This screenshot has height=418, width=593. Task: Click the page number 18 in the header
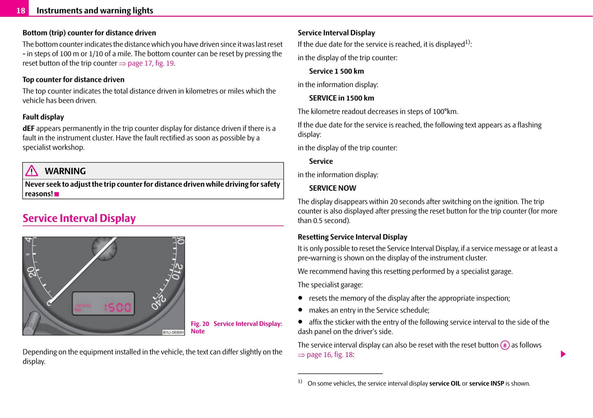pos(21,11)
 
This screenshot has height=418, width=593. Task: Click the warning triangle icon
pos(32,171)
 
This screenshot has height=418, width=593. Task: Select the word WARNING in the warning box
pos(65,171)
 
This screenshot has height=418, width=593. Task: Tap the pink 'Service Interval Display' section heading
pos(79,218)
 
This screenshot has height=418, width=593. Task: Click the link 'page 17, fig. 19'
pos(151,63)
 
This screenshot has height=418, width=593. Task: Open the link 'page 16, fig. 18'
pos(330,355)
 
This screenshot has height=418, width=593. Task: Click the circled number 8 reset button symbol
pos(505,345)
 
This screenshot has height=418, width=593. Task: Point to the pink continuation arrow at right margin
pos(563,354)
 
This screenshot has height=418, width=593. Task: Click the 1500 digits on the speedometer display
pos(117,307)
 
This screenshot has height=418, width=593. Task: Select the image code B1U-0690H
pos(173,332)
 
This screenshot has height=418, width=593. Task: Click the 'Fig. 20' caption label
pos(200,324)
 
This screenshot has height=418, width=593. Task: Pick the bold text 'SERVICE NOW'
pos(332,188)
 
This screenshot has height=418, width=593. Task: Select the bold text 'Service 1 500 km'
pos(337,71)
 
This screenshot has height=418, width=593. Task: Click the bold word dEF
pos(28,128)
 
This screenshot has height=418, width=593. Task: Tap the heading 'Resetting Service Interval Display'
pos(353,237)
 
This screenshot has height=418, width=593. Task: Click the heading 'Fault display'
pos(43,117)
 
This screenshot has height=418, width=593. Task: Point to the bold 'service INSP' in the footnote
pos(486,384)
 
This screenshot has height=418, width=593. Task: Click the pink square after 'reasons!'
pos(57,194)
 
